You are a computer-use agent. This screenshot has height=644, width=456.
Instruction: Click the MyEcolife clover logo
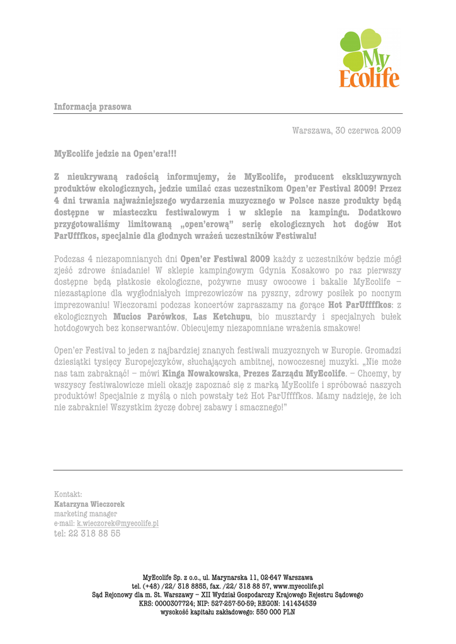(369, 59)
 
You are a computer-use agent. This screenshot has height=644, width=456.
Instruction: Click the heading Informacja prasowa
(93, 107)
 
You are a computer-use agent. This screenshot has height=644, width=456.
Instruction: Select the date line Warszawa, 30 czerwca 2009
(346, 131)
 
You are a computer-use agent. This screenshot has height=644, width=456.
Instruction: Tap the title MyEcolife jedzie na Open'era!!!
(115, 153)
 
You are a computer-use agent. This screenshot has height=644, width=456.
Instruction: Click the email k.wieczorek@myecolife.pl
(118, 523)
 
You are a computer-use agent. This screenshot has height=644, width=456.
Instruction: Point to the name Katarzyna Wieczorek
(89, 504)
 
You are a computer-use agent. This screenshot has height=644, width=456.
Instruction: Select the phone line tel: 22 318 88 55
(87, 533)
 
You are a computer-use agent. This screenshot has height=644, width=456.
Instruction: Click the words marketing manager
(86, 514)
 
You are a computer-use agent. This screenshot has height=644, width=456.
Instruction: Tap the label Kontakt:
(68, 494)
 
